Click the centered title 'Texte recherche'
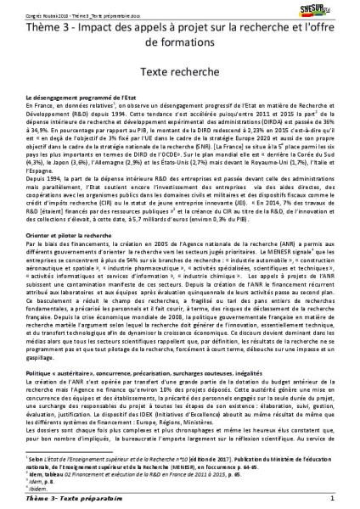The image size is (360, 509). click(179, 76)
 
